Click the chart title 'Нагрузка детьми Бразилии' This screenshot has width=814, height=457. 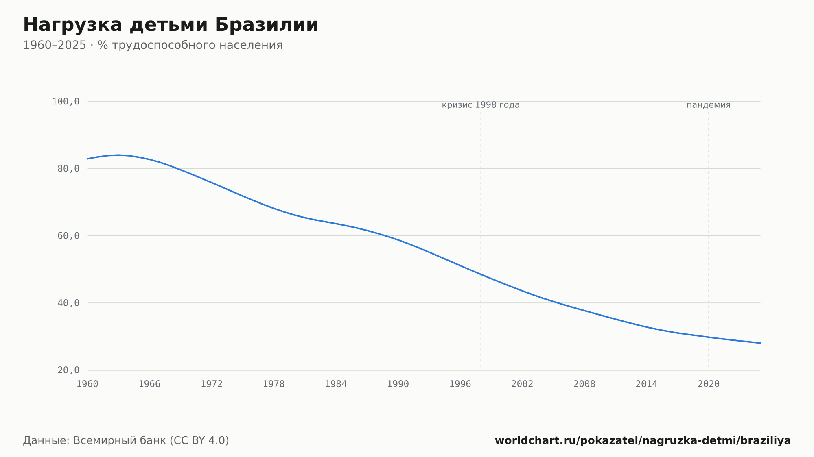point(171,25)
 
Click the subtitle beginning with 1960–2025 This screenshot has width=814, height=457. point(153,45)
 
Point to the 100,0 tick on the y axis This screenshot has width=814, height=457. point(66,102)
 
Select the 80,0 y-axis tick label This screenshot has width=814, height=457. point(69,169)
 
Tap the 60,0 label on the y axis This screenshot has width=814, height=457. point(69,236)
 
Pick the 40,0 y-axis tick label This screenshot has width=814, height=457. point(69,303)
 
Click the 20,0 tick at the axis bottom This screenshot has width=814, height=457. point(69,370)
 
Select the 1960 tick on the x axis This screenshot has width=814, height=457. point(88,384)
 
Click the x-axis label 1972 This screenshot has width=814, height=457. point(212,384)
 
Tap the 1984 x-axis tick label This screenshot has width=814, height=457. point(336,384)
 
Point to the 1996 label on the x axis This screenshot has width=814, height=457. point(460,384)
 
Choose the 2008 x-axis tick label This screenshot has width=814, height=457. point(584,384)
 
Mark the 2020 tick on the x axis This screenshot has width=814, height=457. point(709,384)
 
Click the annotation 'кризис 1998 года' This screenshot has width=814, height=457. point(481,105)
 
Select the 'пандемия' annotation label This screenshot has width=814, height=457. point(709,105)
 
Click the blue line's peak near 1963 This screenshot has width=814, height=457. point(118,155)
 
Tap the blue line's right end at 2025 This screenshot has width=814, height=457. point(760,343)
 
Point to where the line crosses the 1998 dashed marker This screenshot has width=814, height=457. point(481,274)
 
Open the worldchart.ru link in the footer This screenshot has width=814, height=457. point(643,440)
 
